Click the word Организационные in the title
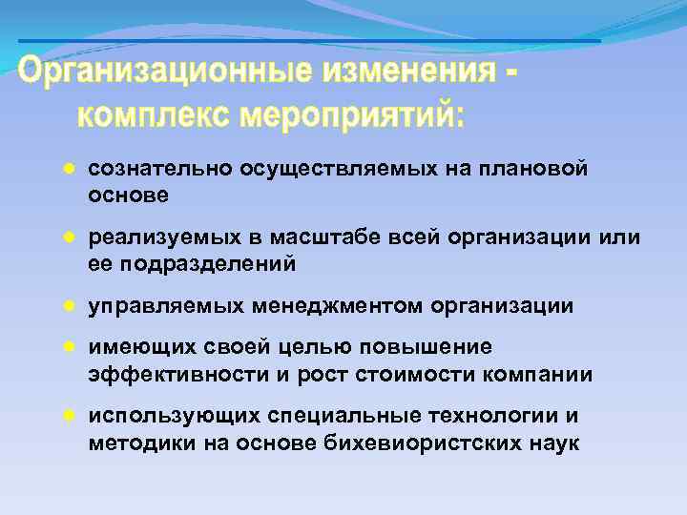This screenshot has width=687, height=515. click(x=161, y=72)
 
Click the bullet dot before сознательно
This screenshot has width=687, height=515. click(x=69, y=169)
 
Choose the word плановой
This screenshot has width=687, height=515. click(x=533, y=169)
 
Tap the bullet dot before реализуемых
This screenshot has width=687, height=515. click(x=69, y=237)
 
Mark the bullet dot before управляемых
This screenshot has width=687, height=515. click(x=69, y=306)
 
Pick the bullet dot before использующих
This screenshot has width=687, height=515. click(x=69, y=418)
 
